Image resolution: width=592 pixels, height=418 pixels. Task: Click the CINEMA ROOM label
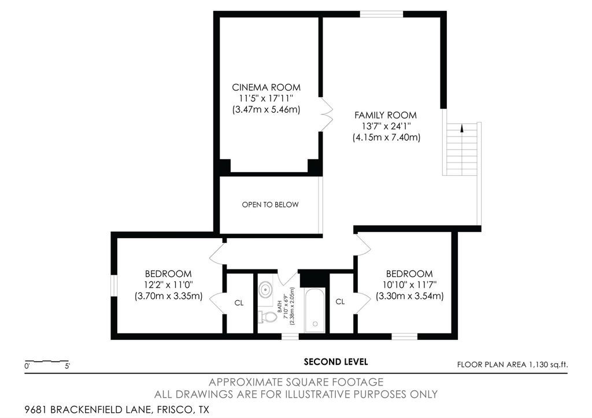coord(266,87)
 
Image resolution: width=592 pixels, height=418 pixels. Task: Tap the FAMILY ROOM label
coord(386,115)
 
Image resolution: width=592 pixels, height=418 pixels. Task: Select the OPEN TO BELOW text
coord(271,205)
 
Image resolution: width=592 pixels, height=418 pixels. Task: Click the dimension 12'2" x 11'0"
coord(168,284)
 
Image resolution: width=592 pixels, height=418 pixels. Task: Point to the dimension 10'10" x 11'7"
coord(409,284)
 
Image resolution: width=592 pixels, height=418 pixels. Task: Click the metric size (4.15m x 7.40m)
coord(386,138)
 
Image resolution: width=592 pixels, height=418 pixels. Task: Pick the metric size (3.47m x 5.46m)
coord(266,109)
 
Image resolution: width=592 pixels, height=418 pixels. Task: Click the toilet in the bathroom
coord(267,316)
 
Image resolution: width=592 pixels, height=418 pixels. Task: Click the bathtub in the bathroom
coord(315,311)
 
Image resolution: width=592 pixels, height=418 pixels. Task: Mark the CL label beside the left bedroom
coord(239,303)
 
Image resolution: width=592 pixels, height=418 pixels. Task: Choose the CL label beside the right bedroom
coord(340,301)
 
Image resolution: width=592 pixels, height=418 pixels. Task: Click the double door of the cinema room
coord(326,115)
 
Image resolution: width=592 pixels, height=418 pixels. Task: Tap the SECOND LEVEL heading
coord(336,362)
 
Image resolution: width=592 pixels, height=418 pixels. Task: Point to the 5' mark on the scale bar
coord(68,366)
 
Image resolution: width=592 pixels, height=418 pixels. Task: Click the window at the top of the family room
coord(382,14)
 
